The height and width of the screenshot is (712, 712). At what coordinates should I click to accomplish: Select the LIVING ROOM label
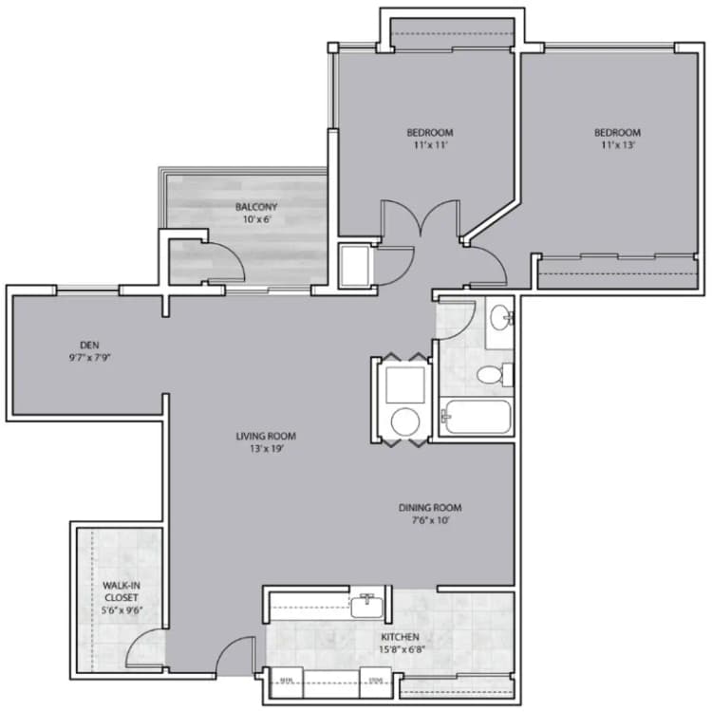click(266, 437)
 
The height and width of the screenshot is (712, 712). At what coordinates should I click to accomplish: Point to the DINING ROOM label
click(430, 508)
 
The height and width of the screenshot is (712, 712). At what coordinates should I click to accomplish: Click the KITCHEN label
click(400, 636)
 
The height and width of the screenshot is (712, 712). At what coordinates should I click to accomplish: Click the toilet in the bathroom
click(491, 374)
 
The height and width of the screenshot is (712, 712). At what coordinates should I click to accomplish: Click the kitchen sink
click(366, 604)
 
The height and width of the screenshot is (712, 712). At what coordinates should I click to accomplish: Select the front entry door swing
click(236, 652)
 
